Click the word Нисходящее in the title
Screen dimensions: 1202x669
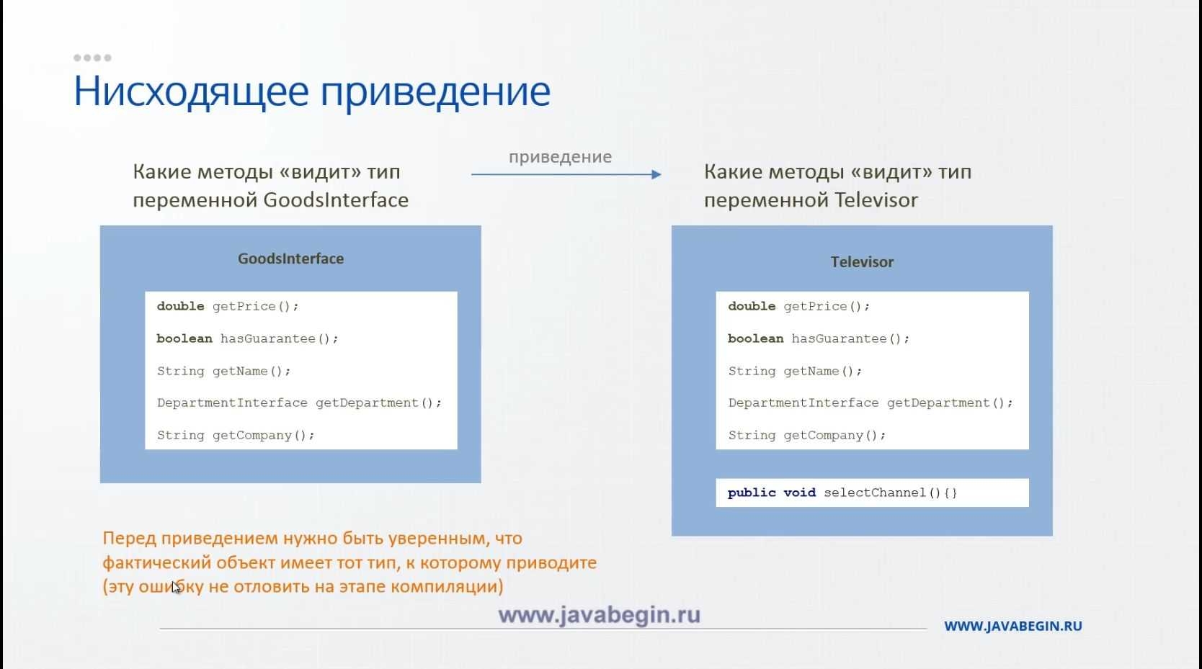[x=191, y=92]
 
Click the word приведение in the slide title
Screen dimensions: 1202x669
[x=435, y=92]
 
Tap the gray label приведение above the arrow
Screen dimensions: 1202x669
[x=560, y=157]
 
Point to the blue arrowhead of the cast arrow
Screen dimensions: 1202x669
[x=656, y=174]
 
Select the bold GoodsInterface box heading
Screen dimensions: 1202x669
[x=291, y=259]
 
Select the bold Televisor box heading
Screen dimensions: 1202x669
[x=862, y=262]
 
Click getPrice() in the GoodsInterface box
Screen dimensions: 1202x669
[x=255, y=306]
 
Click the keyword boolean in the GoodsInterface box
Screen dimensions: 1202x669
[x=184, y=338]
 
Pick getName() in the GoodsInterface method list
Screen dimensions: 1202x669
[x=251, y=371]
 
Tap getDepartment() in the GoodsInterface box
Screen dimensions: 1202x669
[x=378, y=403]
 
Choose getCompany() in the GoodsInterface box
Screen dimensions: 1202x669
[x=263, y=435]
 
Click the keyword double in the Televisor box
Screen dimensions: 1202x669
[x=752, y=306]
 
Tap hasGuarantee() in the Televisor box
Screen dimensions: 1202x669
[x=850, y=338]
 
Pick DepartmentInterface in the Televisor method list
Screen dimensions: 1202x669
[x=803, y=403]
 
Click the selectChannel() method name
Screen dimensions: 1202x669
[x=891, y=493]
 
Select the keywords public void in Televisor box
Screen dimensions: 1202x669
[x=772, y=493]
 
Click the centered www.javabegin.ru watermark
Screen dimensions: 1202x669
[x=600, y=615]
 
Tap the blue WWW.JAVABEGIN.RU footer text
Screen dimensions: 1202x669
[x=1013, y=626]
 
